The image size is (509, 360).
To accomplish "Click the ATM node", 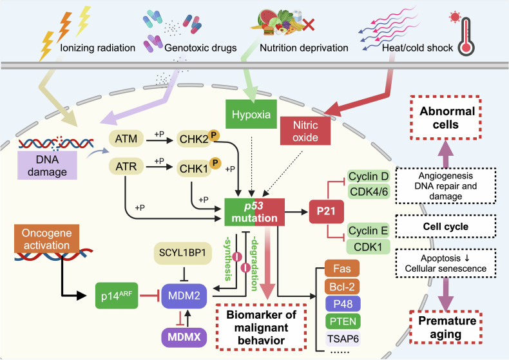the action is tap(126, 139).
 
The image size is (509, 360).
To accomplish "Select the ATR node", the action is tap(126, 166).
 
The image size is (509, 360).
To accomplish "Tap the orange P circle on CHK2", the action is tap(214, 135).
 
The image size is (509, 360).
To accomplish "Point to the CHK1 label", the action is tap(193, 169).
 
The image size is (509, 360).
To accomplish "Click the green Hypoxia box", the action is tap(251, 114).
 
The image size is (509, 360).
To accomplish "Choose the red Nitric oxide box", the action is tap(305, 131).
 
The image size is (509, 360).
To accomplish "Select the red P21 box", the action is tap(326, 211).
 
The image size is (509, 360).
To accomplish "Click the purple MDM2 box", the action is tap(184, 296).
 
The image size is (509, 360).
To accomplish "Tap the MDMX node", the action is tap(184, 337).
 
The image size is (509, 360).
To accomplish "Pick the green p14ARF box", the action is tap(117, 296).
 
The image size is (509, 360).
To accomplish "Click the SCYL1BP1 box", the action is tap(183, 253).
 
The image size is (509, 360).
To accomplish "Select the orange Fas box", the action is tap(342, 268).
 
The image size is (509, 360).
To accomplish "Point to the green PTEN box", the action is tap(343, 321).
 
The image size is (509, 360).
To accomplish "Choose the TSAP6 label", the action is tap(343, 339).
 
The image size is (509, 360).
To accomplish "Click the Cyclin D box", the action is tap(369, 176).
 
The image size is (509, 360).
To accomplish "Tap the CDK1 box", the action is tap(368, 247).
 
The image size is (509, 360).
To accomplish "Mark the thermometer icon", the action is tap(466, 36).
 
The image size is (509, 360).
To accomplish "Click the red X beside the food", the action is tap(309, 24).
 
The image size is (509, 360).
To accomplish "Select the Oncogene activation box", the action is tap(47, 239).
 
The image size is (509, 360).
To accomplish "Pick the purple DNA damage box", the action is tap(48, 166).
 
